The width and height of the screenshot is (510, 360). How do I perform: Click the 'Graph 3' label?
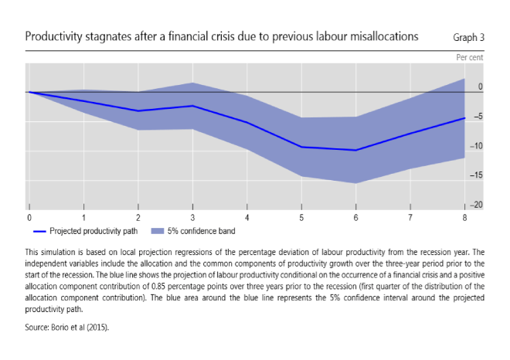coord(468,36)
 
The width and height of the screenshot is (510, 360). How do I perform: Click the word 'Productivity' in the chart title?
coord(53,36)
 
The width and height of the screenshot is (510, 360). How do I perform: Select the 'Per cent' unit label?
coord(469,58)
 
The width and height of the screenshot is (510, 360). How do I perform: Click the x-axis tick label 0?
coord(29,219)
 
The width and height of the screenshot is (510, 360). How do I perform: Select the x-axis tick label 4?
coord(246,219)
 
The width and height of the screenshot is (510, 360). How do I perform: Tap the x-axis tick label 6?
coord(355,219)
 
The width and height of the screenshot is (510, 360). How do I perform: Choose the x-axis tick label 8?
coord(464,219)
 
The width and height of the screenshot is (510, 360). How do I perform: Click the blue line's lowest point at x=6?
coord(355,150)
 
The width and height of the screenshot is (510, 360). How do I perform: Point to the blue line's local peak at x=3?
coord(192,106)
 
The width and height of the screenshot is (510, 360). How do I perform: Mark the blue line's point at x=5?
coord(301,147)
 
